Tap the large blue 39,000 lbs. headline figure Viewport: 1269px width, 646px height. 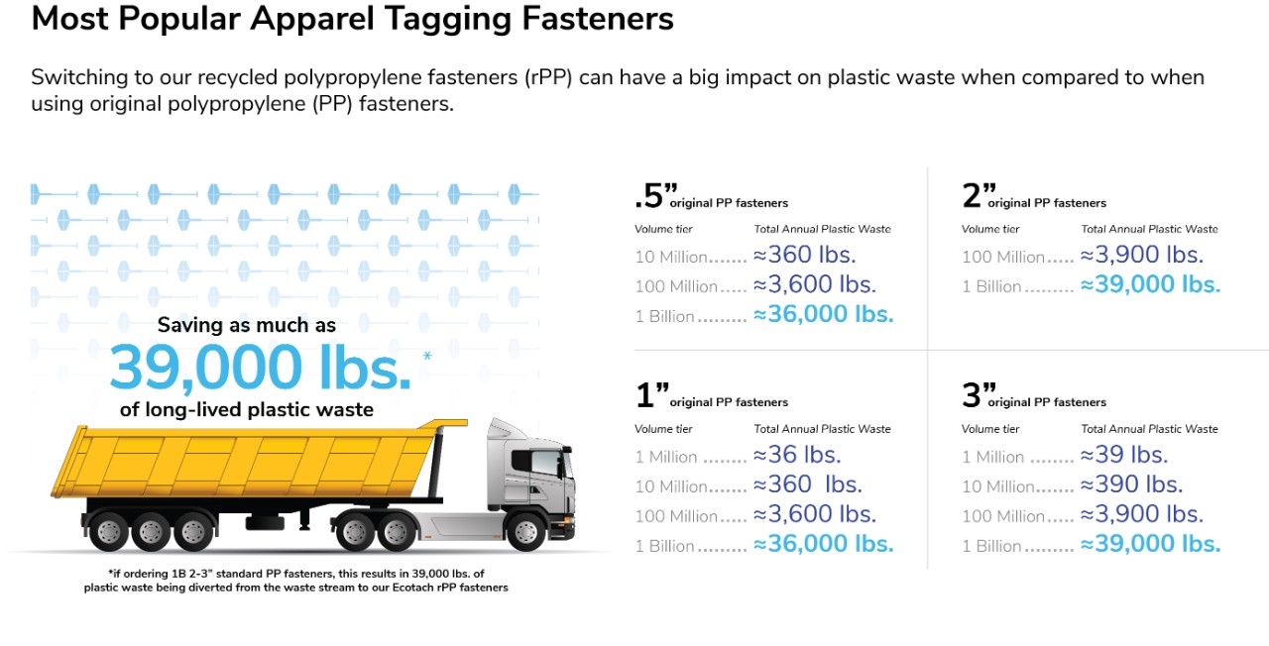[260, 368]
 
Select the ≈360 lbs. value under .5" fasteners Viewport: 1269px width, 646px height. [804, 256]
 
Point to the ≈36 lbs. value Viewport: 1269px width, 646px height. [797, 456]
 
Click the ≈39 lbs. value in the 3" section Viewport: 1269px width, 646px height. [1124, 456]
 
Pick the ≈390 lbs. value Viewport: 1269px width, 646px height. [1131, 485]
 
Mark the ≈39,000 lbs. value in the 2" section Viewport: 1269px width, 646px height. [1150, 285]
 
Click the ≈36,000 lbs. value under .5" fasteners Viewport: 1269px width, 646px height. [823, 315]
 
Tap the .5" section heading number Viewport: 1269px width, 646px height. [649, 196]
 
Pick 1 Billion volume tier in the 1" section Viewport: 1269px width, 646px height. [665, 546]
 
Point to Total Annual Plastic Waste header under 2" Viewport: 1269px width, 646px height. [1149, 229]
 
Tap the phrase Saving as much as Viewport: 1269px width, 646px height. [247, 325]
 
